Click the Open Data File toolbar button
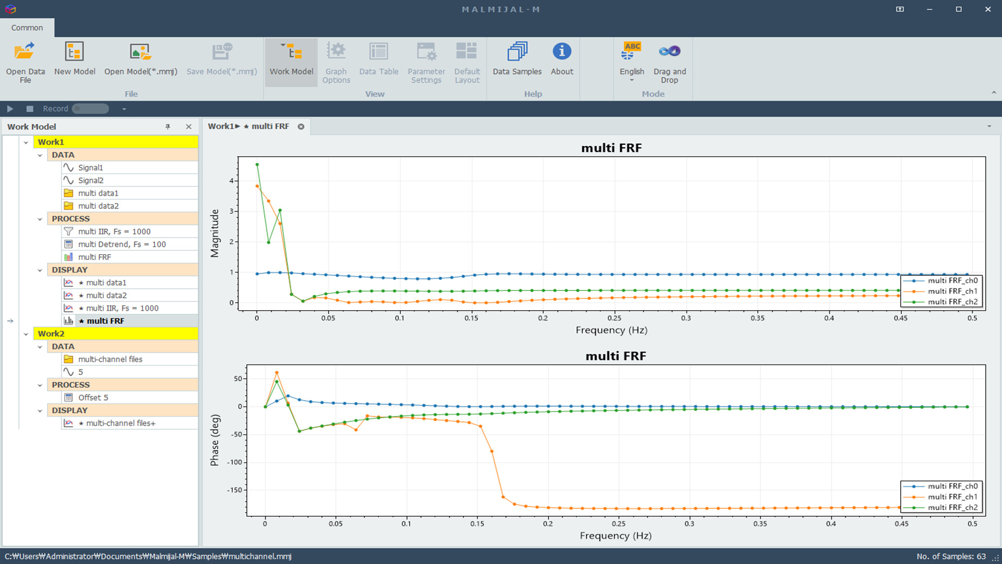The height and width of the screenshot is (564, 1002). click(x=25, y=62)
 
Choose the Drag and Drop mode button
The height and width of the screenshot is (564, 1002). click(x=670, y=62)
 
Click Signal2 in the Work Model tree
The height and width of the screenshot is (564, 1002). click(x=91, y=180)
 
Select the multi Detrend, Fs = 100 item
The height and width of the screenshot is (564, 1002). click(x=122, y=244)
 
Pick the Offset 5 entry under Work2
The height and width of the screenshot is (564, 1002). click(x=93, y=397)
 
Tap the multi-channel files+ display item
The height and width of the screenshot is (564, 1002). click(x=121, y=423)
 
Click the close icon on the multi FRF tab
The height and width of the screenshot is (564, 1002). click(x=301, y=126)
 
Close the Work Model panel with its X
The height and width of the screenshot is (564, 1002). click(x=188, y=126)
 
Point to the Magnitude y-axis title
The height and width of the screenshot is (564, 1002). click(x=214, y=233)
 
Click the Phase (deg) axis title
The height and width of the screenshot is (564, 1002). click(x=214, y=440)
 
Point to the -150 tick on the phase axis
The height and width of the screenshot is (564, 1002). click(x=234, y=490)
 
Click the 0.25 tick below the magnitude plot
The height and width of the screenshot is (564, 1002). click(x=614, y=318)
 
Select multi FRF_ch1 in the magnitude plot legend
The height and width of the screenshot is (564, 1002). click(x=952, y=291)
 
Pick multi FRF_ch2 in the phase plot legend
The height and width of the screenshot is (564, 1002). click(x=952, y=508)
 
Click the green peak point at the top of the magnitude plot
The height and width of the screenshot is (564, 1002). click(x=257, y=164)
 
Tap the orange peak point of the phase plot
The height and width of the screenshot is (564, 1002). click(x=277, y=373)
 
